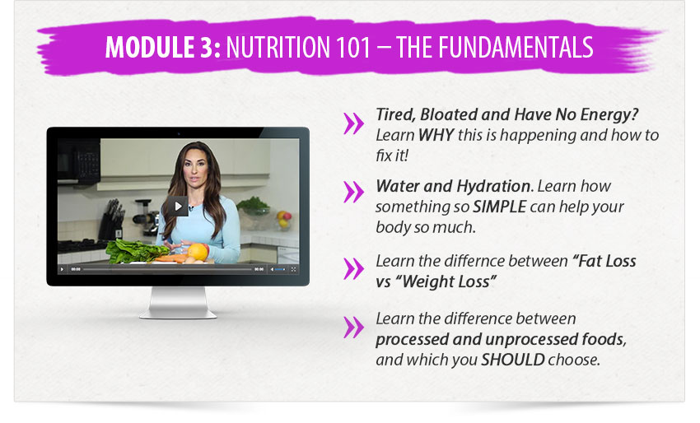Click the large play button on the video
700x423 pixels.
(178, 206)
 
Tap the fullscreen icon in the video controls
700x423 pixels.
(293, 269)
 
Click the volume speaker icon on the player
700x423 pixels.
(272, 269)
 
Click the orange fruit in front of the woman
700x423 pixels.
(198, 252)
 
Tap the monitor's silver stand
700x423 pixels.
(178, 303)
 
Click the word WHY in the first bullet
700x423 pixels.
(436, 135)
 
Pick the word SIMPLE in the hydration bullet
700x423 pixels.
(500, 207)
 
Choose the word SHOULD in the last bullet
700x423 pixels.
(512, 360)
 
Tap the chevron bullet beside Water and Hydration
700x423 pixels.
(353, 192)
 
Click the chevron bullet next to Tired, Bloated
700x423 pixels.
(353, 123)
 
